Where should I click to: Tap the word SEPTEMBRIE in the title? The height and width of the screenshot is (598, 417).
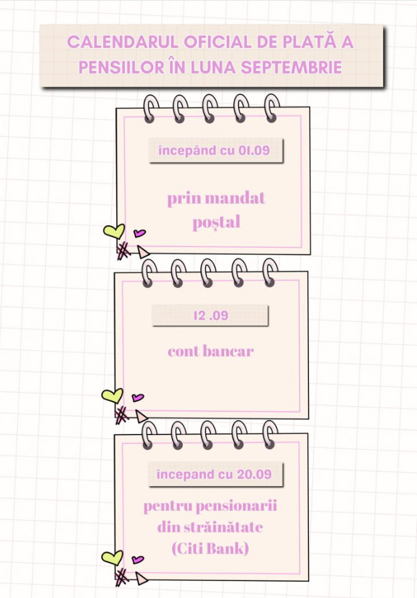291,67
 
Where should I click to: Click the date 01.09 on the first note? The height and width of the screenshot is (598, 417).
254,151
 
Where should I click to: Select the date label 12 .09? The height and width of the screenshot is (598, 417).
210,316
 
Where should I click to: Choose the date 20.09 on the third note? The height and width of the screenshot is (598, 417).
254,474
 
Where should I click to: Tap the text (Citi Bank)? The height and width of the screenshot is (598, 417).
210,549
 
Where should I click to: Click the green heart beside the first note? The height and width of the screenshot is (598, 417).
114,231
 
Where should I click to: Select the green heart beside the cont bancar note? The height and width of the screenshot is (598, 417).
112,396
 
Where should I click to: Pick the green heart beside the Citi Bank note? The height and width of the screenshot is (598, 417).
112,558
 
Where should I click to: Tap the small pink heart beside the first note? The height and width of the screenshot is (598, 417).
139,233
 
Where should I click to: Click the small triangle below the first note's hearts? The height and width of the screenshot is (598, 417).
143,252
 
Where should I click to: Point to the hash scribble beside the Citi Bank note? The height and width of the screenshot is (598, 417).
122,577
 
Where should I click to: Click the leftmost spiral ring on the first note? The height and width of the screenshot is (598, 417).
151,109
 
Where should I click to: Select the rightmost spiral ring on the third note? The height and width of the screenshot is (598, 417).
270,435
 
